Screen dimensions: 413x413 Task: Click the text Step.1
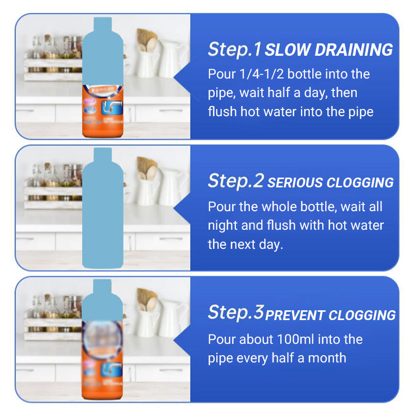[235, 49]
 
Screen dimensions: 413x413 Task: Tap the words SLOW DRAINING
[329, 50]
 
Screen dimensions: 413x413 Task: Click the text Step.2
[236, 181]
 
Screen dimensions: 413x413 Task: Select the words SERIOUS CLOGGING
[330, 183]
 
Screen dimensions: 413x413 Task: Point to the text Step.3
[236, 312]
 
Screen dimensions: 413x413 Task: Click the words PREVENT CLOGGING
[330, 315]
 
